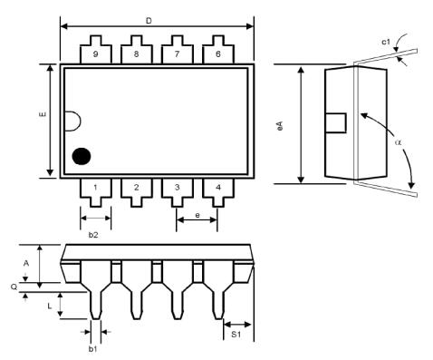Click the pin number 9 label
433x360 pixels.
[95, 54]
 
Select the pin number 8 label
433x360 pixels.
[136, 54]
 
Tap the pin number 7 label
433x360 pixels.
[177, 54]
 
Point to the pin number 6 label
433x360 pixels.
[217, 54]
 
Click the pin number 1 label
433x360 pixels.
[95, 189]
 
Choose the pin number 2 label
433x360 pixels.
[136, 189]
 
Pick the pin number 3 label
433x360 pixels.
[177, 189]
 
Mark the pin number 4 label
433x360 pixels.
[217, 189]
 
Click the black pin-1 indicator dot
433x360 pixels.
[82, 156]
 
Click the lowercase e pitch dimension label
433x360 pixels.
[197, 215]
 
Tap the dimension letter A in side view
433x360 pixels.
[26, 263]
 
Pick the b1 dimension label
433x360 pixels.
[92, 348]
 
